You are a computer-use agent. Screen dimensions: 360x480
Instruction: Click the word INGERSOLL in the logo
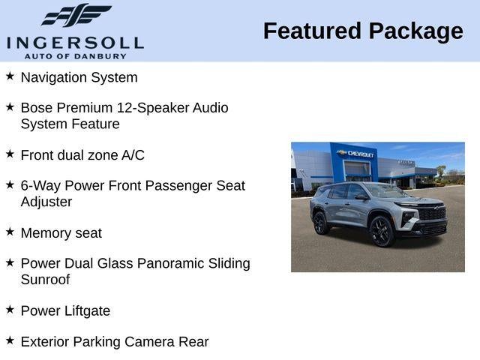[x=75, y=41]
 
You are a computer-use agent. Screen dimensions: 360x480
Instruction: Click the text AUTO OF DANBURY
[x=75, y=55]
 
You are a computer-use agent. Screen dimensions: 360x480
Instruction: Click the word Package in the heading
[x=415, y=31]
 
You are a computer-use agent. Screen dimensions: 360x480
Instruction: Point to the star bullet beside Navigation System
[x=10, y=76]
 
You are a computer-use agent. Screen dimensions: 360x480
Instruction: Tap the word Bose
[x=37, y=108]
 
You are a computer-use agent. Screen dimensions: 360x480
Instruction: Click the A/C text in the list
[x=133, y=155]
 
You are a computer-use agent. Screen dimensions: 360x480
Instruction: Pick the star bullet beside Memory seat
[x=10, y=232]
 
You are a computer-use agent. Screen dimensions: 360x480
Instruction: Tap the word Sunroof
[x=45, y=280]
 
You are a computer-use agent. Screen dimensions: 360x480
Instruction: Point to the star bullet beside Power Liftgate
[x=10, y=309]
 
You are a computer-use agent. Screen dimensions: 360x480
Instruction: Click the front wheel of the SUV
[x=381, y=230]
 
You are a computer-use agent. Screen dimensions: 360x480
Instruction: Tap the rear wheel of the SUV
[x=321, y=223]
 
